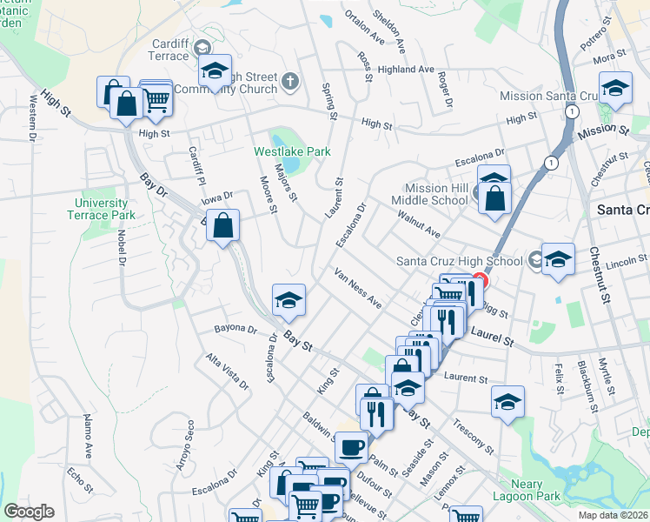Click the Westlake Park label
pyautogui.click(x=291, y=151)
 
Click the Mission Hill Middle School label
pyautogui.click(x=436, y=193)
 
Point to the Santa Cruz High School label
pyautogui.click(x=459, y=260)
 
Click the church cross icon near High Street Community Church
pyautogui.click(x=290, y=83)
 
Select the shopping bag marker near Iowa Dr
pyautogui.click(x=223, y=225)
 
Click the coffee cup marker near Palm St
pyautogui.click(x=351, y=447)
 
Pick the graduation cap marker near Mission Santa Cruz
pyautogui.click(x=615, y=89)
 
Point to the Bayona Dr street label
pyautogui.click(x=235, y=330)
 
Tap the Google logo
pyautogui.click(x=29, y=512)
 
